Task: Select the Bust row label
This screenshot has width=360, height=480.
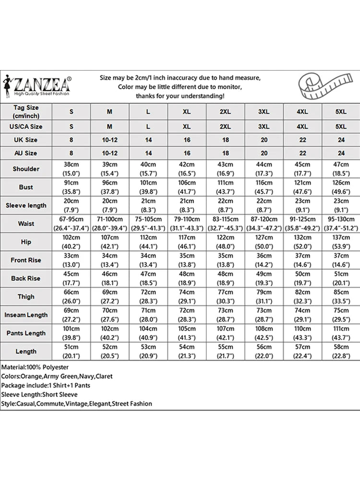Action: (x=26, y=187)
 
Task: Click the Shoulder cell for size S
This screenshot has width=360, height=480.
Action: (x=72, y=168)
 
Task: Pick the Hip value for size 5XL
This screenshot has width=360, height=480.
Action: (x=340, y=241)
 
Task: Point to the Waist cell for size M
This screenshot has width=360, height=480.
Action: (x=109, y=223)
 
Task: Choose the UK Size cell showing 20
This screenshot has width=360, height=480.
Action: (x=264, y=140)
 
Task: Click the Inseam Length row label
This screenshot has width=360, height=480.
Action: (x=26, y=315)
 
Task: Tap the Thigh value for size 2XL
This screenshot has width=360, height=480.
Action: (x=225, y=296)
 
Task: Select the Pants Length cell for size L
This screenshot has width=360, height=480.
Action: (x=148, y=333)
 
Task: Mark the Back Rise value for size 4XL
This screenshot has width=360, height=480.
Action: (x=302, y=278)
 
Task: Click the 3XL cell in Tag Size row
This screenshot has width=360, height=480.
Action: (x=264, y=111)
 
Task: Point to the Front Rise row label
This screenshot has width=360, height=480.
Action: (x=26, y=260)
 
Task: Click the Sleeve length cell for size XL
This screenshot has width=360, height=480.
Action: (x=187, y=205)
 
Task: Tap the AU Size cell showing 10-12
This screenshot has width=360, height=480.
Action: (x=109, y=153)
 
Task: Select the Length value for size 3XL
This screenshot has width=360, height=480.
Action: (x=264, y=351)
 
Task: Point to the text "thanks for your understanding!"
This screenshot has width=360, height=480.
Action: (x=180, y=96)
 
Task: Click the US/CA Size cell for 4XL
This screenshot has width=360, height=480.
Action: (x=302, y=127)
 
